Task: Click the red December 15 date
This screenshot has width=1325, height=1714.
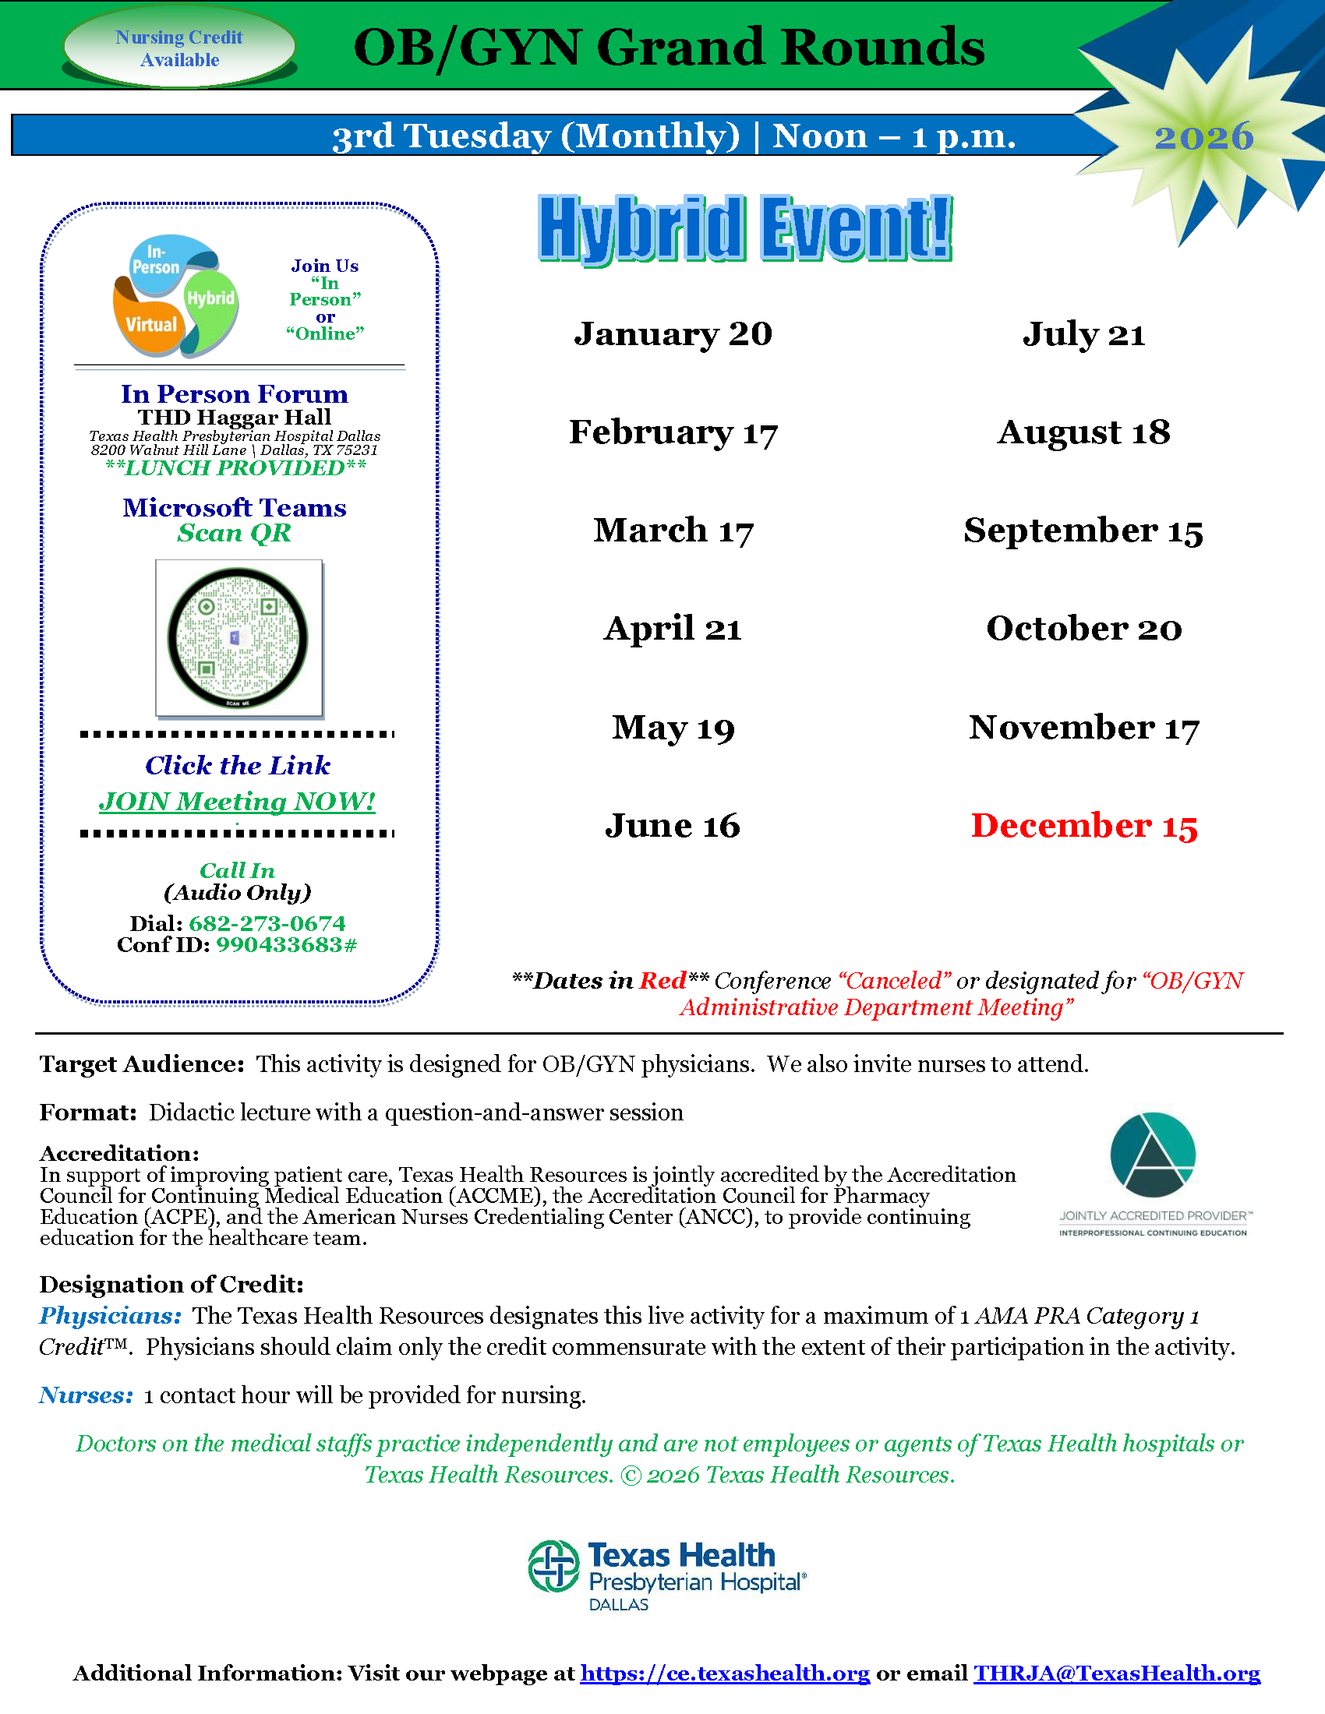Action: (x=1084, y=826)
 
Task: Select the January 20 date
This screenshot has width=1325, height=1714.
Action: (x=673, y=334)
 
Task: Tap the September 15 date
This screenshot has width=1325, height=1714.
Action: (x=1083, y=531)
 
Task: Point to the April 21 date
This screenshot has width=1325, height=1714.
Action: (x=673, y=629)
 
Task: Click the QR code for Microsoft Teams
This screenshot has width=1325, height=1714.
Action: (x=238, y=637)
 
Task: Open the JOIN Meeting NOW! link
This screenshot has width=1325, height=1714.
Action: (x=237, y=801)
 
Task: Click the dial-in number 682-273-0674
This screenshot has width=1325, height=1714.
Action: (x=267, y=923)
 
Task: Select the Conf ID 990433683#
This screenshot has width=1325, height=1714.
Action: (x=287, y=944)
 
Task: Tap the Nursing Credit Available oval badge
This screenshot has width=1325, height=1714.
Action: (x=180, y=48)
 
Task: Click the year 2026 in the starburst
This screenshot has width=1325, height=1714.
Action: (x=1203, y=137)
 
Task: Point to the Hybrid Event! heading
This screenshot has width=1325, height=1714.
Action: (x=745, y=229)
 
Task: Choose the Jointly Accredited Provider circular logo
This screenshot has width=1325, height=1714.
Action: (x=1152, y=1155)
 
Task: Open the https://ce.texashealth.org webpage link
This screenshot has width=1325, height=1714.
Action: (x=725, y=1673)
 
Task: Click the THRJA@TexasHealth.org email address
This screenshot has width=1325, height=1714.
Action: (x=1116, y=1673)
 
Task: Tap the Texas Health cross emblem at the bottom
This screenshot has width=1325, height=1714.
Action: (x=553, y=1566)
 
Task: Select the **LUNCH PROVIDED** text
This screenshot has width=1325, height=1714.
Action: (x=235, y=467)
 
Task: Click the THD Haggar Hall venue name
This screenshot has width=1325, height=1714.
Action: (x=235, y=417)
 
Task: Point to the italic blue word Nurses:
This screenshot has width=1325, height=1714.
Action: (x=87, y=1395)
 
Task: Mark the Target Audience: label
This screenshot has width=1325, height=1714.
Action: (x=142, y=1063)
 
